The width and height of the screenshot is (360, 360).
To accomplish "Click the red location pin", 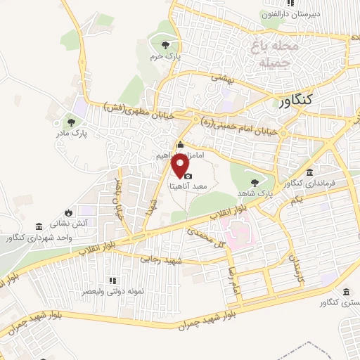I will coord(181,166).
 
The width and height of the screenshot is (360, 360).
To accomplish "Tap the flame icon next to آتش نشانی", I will coord(67,212).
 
